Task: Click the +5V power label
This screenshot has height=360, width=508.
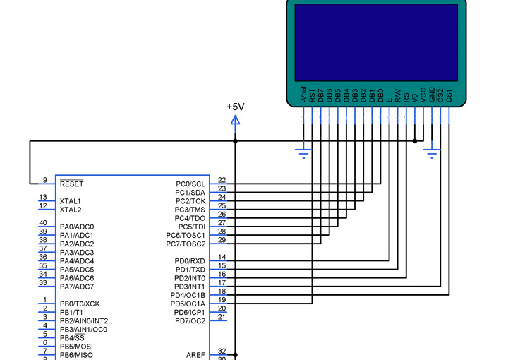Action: coord(236,107)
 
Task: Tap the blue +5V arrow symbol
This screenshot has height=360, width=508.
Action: coord(235,121)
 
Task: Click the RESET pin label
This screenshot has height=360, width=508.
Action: coord(71,184)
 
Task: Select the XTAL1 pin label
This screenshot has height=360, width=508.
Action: coord(71,201)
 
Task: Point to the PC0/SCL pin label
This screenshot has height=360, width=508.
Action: coord(190,184)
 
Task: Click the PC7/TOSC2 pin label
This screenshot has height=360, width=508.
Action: coord(186,244)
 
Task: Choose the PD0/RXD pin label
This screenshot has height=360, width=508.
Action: coord(190,261)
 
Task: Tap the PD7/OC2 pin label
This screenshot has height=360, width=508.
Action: coord(190,320)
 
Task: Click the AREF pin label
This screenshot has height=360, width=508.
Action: coord(195,355)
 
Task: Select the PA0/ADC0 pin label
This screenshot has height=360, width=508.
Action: coord(77,227)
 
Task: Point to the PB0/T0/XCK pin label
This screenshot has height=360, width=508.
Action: coord(80,304)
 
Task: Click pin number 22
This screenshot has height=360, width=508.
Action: coord(222,180)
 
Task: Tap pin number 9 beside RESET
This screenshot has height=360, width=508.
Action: coord(45,180)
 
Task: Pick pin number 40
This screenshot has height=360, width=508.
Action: coord(43,222)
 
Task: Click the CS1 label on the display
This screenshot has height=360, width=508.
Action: coord(449,95)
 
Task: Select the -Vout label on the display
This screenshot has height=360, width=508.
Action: coord(303,95)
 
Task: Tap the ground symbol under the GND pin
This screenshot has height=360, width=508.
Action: coord(432,154)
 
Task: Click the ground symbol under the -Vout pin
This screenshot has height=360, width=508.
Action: coord(303,154)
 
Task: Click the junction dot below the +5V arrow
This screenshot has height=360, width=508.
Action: coord(235,141)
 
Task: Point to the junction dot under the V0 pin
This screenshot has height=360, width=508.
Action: coord(415,141)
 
